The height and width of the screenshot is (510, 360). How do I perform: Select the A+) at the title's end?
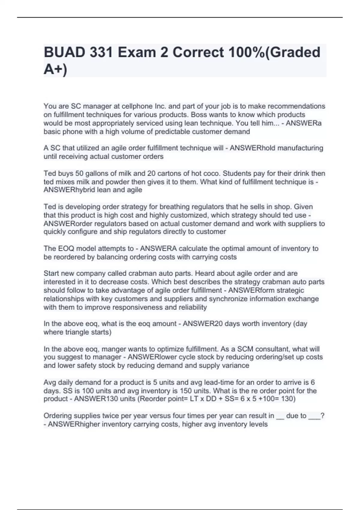coord(55,69)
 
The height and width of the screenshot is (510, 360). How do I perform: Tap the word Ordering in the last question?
coord(58,416)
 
